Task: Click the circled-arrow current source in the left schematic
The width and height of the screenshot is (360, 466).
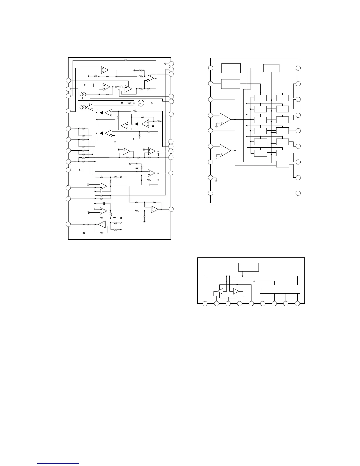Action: pos(141,103)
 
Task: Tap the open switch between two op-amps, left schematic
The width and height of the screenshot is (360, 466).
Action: pos(119,87)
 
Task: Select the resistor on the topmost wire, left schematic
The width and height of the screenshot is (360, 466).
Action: pos(125,60)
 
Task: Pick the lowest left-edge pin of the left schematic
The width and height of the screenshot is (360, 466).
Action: pos(68,224)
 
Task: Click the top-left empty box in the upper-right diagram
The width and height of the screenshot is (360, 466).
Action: pos(231,68)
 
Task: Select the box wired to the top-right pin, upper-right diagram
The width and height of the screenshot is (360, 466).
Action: pos(271,68)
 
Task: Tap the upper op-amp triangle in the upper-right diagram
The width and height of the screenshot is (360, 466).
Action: pos(225,119)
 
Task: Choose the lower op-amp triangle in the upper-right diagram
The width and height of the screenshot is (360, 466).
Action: pos(225,150)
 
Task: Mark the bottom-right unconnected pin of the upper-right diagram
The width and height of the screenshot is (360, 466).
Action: pos(298,193)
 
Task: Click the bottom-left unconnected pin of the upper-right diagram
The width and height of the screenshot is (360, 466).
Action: pos(211,193)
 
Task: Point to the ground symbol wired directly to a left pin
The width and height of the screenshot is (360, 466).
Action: pos(216,180)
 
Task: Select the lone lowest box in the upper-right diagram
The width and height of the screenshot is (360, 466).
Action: pos(282,164)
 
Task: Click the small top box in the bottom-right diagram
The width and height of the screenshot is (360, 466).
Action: pos(249,267)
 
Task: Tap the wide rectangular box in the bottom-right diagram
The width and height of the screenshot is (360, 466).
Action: pos(280,289)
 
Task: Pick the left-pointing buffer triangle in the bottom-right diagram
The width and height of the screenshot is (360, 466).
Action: pos(220,291)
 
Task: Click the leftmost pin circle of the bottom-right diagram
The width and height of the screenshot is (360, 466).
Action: pos(205,304)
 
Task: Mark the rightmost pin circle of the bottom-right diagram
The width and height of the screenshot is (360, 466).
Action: pos(297,304)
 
